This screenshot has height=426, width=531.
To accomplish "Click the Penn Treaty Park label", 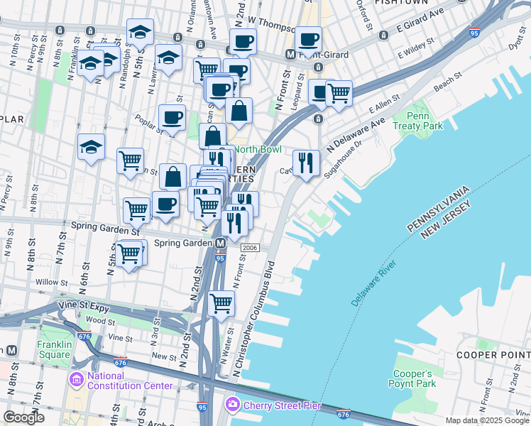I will coord(425,120).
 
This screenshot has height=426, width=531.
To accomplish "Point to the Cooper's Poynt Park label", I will coord(410,378).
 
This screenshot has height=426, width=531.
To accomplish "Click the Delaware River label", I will coord(373,283).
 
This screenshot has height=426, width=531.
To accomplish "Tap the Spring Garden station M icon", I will coord(221,243).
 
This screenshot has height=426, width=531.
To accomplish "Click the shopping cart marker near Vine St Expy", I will coord(221,303).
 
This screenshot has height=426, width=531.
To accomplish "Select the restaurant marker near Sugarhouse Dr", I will coord(306,164).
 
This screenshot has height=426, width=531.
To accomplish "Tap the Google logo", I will coord(23,417).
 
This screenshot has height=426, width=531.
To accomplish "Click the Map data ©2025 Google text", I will coord(486,420).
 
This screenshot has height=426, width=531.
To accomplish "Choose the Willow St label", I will coord(50,282).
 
